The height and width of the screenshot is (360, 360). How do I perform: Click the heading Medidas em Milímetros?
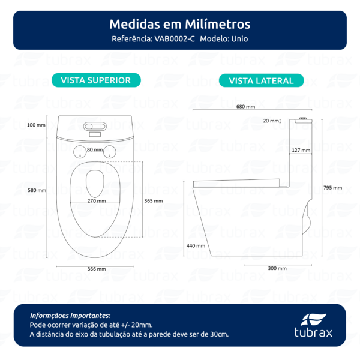[180, 25]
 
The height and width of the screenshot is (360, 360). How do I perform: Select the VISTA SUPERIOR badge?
[96, 80]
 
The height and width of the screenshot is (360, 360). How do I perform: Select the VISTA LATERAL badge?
[261, 80]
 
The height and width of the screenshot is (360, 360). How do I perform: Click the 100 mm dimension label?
[37, 125]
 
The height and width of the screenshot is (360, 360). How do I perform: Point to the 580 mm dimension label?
[37, 191]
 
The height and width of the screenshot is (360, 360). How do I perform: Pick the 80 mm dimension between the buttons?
[94, 149]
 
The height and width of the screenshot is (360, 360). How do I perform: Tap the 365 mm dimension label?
[154, 201]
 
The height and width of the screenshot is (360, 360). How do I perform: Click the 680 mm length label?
[245, 106]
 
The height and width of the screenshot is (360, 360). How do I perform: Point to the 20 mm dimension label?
[271, 121]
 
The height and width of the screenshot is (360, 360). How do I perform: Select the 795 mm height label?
[334, 188]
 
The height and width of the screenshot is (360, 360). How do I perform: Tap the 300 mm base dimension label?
[277, 268]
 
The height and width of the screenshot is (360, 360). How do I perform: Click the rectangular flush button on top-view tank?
[96, 127]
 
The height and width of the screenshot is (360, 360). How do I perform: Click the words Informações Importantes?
[70, 314]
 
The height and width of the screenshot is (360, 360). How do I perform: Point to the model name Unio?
[238, 39]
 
